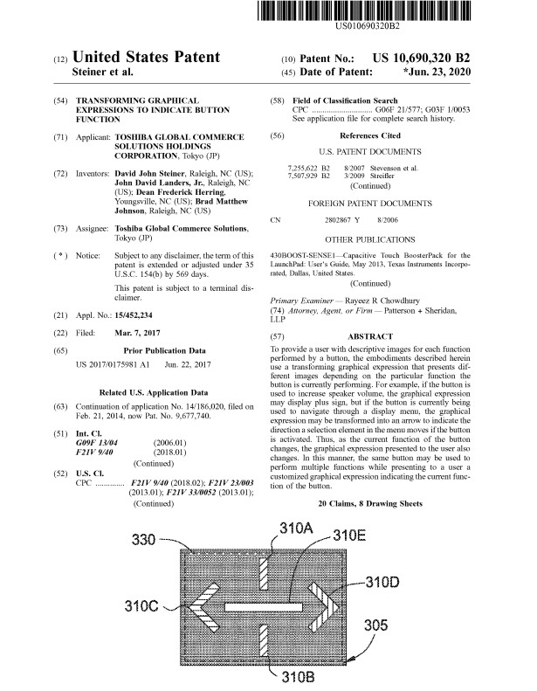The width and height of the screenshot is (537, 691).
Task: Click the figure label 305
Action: (377, 625)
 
